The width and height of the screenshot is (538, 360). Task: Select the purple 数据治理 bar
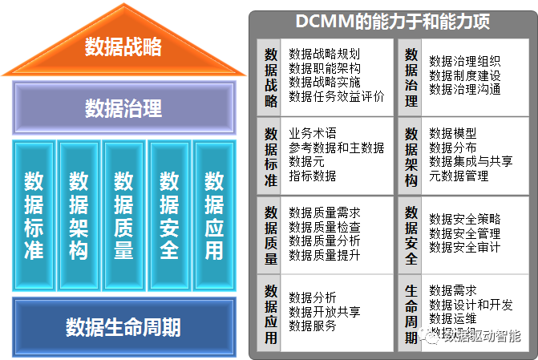pos(123,107)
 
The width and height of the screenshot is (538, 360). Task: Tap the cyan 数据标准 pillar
pos(34,215)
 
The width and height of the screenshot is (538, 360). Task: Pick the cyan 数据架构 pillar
pos(79,215)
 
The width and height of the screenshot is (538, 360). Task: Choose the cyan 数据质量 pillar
pos(123,215)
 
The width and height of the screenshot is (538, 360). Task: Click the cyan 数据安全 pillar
pos(169,215)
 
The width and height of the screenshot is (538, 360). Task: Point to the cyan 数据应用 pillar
pos(213,215)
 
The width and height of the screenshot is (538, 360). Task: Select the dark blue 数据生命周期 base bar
pos(123,327)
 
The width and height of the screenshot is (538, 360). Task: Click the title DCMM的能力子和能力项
pos(392,22)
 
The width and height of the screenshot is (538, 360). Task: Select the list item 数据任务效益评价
pos(336,97)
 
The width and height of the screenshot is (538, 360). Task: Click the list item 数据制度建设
pos(465,75)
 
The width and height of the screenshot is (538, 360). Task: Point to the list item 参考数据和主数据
pos(336,148)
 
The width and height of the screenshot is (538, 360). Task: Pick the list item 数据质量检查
pos(325,227)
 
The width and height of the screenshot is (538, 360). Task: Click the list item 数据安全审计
pos(465,248)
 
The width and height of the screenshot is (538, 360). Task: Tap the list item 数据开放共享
pos(325,311)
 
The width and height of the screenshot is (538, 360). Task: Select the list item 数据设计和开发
pos(471,305)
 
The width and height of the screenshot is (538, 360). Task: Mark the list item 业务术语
pos(313,133)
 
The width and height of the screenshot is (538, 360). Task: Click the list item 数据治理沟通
pos(465,90)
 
